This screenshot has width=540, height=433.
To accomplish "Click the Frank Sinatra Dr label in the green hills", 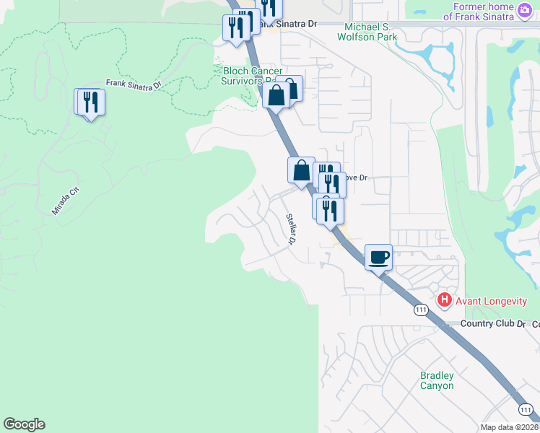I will click(134, 84).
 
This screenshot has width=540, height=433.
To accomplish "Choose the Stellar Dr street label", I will click(291, 229).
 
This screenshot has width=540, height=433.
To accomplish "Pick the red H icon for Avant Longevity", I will click(445, 299).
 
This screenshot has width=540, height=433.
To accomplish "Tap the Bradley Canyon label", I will click(437, 380).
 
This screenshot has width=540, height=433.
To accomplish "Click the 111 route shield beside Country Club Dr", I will click(422, 310).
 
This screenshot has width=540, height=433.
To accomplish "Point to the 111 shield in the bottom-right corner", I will click(526, 410).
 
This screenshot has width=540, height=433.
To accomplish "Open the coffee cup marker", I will click(379, 257).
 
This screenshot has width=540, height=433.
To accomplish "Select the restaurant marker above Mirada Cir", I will click(91, 102).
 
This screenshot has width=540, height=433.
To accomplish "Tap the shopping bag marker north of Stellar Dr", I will click(301, 171).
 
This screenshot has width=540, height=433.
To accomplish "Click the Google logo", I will click(24, 424).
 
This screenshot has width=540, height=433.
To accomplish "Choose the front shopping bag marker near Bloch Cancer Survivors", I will click(276, 95).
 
